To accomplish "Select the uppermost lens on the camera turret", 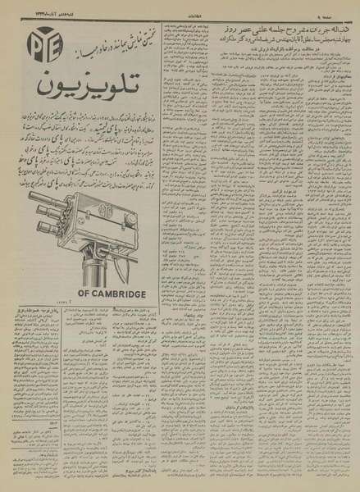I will pos(41,198).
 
